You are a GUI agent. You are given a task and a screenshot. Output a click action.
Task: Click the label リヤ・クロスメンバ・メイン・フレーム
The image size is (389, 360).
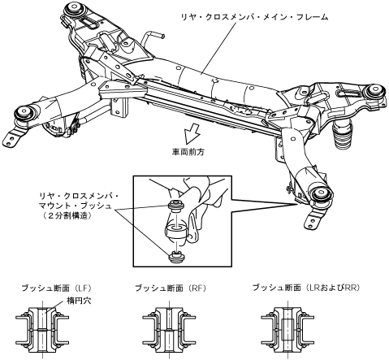coord(254,17)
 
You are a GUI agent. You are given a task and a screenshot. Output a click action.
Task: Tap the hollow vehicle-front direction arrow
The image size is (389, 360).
coord(191,132)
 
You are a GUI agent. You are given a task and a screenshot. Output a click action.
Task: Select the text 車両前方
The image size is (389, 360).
coord(188,152)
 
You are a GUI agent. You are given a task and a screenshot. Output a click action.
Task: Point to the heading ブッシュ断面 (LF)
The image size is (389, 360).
coord(57,288)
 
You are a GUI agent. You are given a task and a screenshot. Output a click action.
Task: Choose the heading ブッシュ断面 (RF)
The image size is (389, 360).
coord(171,288)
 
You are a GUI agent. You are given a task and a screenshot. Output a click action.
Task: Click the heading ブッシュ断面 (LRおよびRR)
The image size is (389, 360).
coord(306,288)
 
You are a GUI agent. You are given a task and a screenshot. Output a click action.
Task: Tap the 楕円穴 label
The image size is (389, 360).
coord(79,301)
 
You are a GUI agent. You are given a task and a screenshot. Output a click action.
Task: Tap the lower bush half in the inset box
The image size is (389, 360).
coord(176,257)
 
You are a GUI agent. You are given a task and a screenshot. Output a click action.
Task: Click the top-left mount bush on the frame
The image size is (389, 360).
coord(75,9)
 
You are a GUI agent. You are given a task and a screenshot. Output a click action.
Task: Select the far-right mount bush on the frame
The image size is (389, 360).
coord(376,92)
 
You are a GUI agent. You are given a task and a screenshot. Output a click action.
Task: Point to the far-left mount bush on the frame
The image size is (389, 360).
coord(24,113)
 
